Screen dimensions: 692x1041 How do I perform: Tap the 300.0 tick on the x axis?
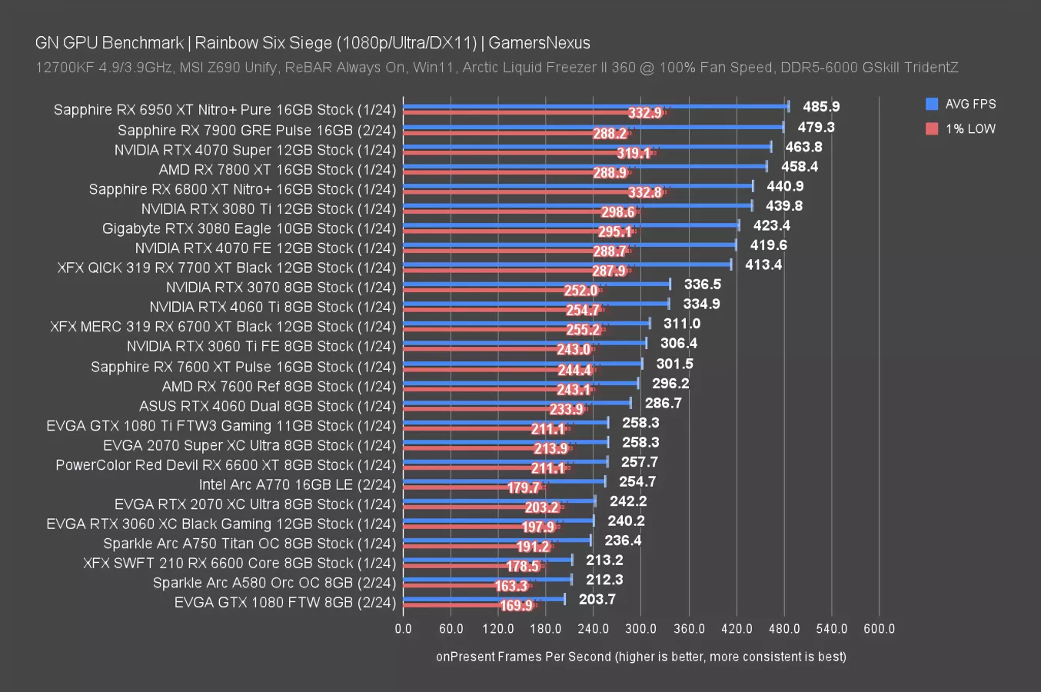pos(640,629)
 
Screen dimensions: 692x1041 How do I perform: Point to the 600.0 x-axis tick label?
pos(879,629)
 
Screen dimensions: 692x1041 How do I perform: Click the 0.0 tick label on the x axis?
pos(403,629)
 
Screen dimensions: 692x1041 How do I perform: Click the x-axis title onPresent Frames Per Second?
pos(640,657)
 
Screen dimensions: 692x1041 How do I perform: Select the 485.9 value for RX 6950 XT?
pos(821,107)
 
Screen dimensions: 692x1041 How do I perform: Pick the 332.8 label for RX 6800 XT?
pos(644,192)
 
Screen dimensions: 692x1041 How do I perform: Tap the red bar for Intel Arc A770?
pos(473,487)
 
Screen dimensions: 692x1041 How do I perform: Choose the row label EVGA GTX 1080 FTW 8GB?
pos(284,603)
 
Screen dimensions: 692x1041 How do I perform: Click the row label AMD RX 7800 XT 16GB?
pos(277,170)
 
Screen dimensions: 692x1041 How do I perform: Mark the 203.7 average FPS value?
pos(597,600)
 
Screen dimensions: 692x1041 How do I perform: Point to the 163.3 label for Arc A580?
pos(511,586)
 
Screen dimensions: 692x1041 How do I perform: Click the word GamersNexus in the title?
pos(539,43)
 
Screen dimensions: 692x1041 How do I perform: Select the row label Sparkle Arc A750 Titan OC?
pos(249,544)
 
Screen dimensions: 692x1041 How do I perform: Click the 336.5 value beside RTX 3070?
pos(702,284)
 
